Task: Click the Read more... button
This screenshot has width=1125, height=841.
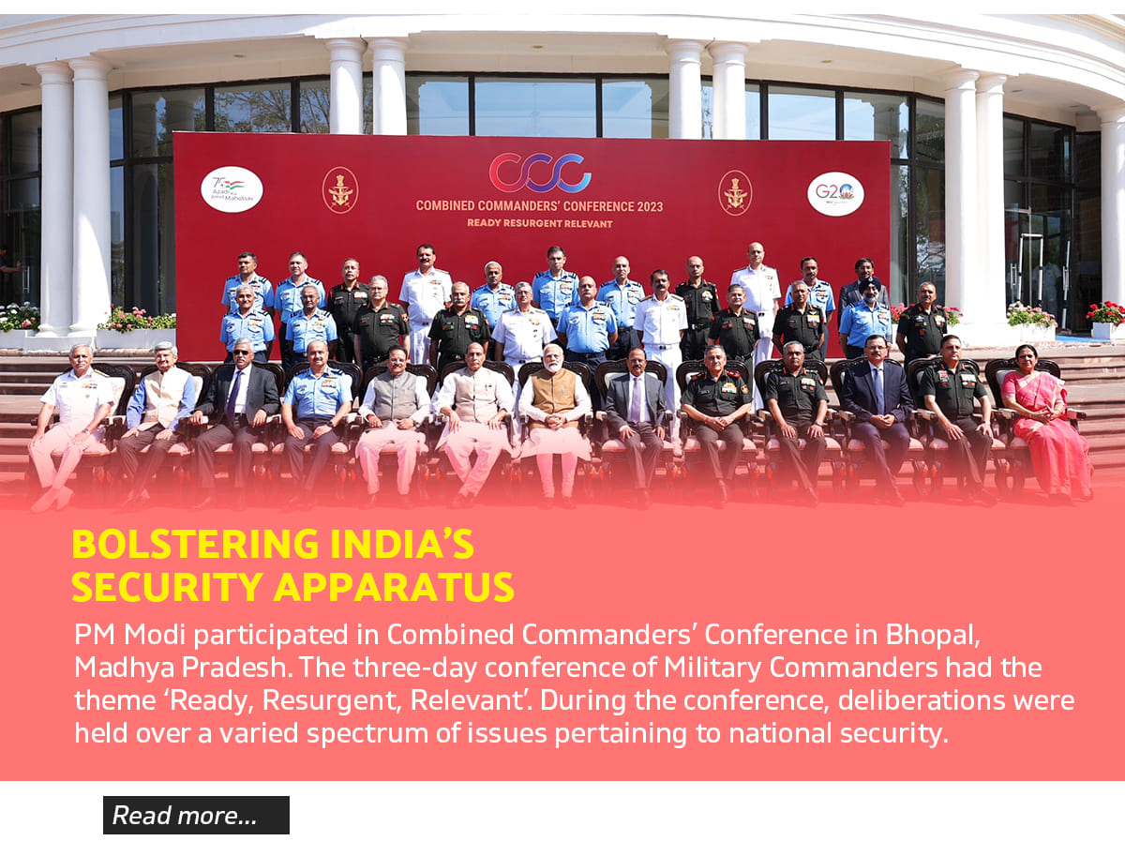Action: coord(196,815)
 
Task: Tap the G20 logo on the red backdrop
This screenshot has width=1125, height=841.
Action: coord(835,194)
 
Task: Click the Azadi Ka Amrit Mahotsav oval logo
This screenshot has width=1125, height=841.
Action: coord(232,189)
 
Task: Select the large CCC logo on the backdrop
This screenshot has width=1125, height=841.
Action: coord(540,173)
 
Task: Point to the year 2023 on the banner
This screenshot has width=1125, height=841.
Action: coord(650,206)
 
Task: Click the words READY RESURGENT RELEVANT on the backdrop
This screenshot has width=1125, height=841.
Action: coord(540,223)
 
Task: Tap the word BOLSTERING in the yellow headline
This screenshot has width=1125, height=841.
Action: coord(195,544)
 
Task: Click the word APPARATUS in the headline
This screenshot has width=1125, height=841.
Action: coord(394,587)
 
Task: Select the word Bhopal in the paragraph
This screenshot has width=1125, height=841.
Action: coord(932,636)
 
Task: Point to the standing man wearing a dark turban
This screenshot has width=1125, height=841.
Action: coord(866,317)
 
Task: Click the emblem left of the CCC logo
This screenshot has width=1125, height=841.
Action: coord(340,190)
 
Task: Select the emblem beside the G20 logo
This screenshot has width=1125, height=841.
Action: coord(735,193)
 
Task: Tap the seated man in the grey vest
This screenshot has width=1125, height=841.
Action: coord(394,423)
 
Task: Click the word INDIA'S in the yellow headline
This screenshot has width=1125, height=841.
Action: coord(402,544)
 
